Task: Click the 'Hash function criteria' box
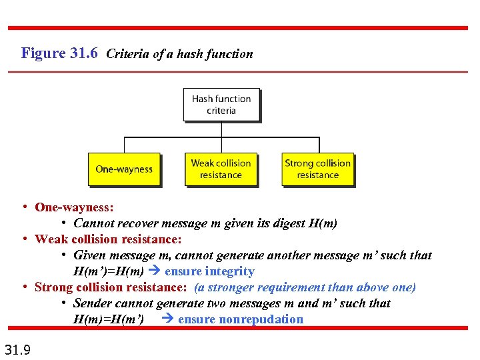(x=221, y=105)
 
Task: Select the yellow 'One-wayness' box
(x=124, y=169)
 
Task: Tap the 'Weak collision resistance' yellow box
(x=221, y=169)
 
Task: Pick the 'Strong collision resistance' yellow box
(x=317, y=169)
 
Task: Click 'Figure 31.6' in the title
(x=60, y=53)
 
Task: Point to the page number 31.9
(x=17, y=349)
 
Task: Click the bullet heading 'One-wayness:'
(x=74, y=207)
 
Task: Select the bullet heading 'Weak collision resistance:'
(x=108, y=239)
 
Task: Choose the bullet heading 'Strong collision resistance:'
(x=111, y=287)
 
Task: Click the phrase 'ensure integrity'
(x=209, y=271)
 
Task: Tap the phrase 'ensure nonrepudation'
(x=241, y=319)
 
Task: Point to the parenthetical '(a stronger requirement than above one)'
(x=305, y=287)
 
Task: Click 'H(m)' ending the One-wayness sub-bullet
(x=323, y=223)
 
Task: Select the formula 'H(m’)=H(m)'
(x=108, y=271)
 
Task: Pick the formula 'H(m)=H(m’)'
(x=108, y=319)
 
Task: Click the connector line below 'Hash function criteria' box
(x=221, y=130)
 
